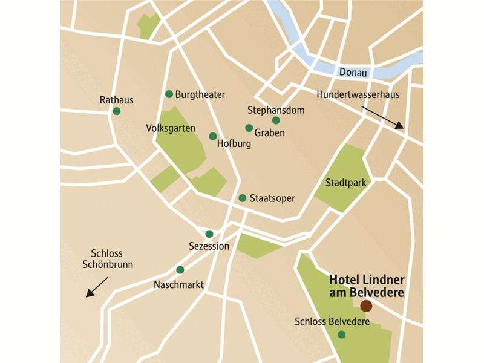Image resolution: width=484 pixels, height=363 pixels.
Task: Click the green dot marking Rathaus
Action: pos(117,111)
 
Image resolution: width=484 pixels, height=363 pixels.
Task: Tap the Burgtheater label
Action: pos(200,94)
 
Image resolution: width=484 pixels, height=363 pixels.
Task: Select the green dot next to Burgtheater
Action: pos(169,94)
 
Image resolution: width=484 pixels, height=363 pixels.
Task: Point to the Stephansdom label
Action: pos(276,110)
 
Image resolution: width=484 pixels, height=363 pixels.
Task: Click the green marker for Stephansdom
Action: pos(276,120)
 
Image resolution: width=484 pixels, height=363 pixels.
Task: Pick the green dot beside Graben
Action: pos(249,128)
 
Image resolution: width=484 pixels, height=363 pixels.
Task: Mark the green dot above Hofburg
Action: pos(212,136)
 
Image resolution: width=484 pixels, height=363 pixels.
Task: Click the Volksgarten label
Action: pos(171,128)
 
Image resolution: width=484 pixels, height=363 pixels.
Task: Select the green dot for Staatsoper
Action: pos(242,198)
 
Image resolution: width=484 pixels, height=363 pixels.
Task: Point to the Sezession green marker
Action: pos(209,234)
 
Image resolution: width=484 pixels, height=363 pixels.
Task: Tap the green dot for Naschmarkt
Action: pos(180,270)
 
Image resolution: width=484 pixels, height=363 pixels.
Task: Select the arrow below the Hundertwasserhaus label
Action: pos(382,117)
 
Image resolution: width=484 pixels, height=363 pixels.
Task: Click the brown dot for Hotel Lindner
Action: pos(366,306)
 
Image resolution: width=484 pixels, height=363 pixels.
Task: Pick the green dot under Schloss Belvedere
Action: pos(342,335)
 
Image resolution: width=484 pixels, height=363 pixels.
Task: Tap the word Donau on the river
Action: pos(353,72)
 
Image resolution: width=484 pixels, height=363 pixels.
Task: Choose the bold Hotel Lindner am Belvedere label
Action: pos(366,286)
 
